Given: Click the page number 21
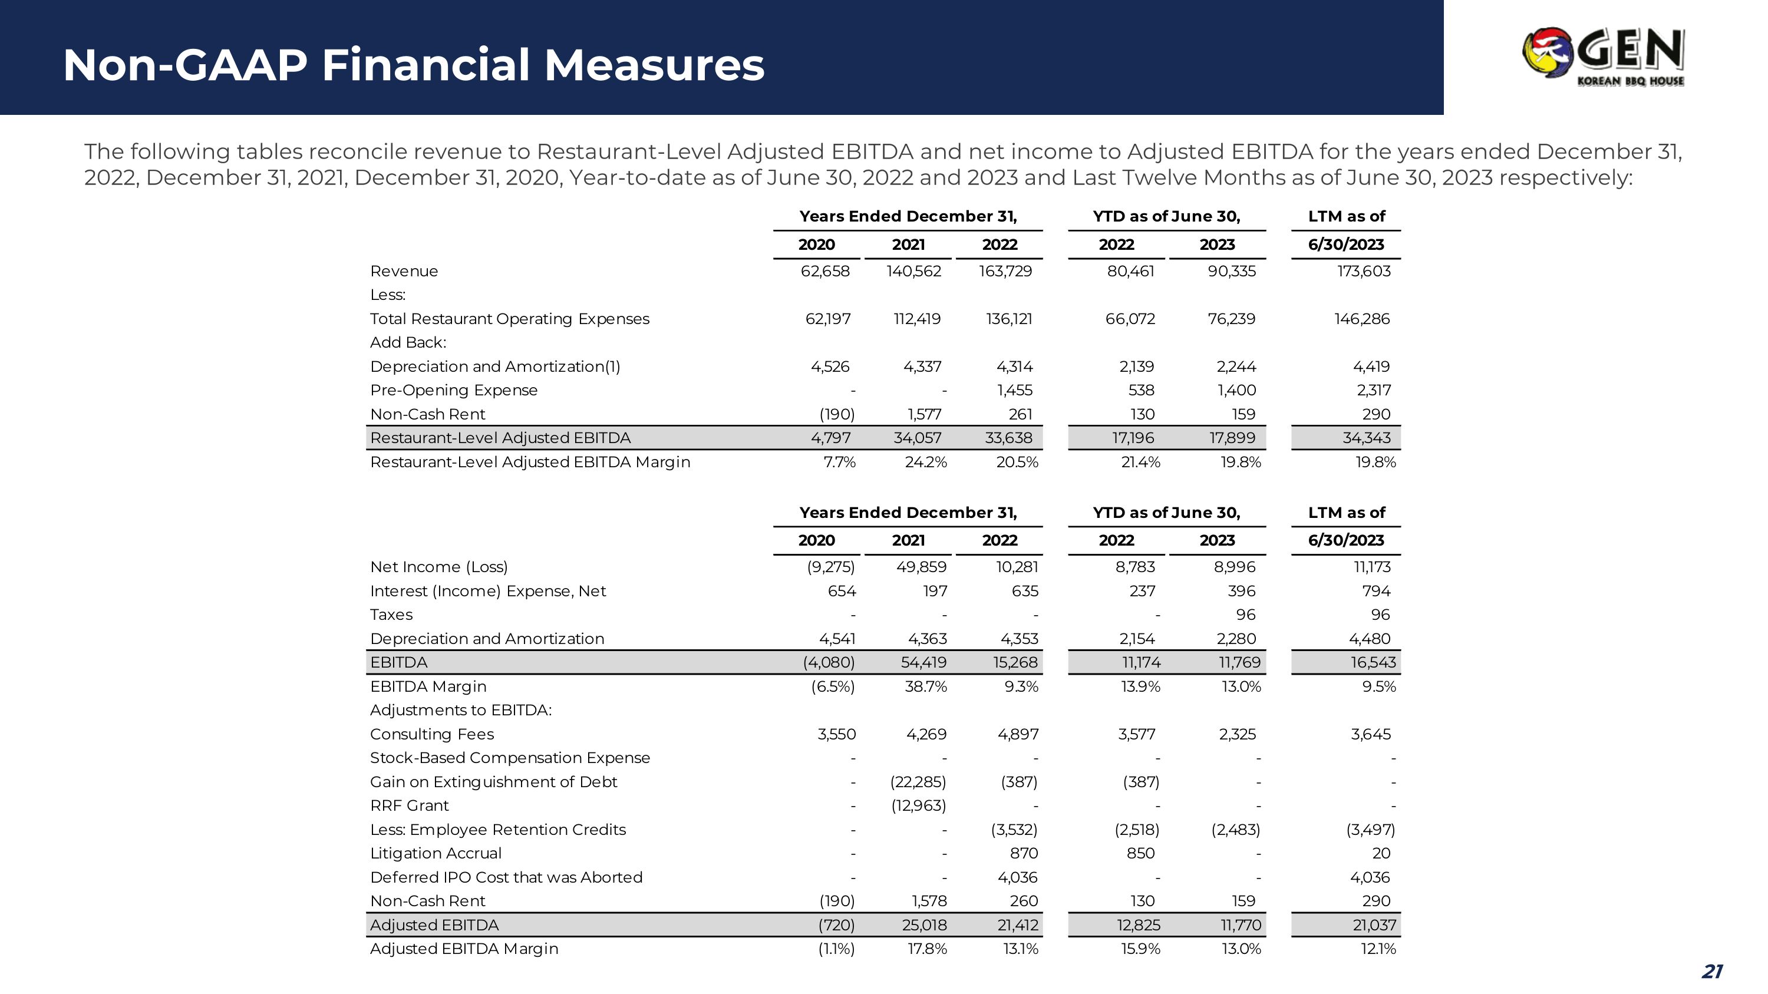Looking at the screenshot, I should (x=1713, y=972).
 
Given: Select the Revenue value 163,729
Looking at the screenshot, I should (x=1005, y=271).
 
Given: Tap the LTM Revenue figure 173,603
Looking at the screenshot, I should (x=1364, y=271).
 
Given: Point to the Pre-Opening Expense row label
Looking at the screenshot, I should (x=454, y=390).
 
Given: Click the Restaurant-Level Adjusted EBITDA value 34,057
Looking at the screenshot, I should (x=917, y=438).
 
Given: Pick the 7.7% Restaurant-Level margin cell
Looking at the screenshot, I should (x=839, y=463).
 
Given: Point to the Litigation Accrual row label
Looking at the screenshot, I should (x=436, y=853).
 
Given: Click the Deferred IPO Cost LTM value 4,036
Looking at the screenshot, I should (x=1370, y=877).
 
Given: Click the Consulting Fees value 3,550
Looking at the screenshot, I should (x=837, y=734).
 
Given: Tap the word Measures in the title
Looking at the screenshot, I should (x=654, y=65).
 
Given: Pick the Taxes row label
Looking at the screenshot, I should (x=391, y=615).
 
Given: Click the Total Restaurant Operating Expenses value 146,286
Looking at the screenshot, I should (x=1362, y=319).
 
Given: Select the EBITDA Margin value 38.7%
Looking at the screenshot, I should (x=925, y=686).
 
